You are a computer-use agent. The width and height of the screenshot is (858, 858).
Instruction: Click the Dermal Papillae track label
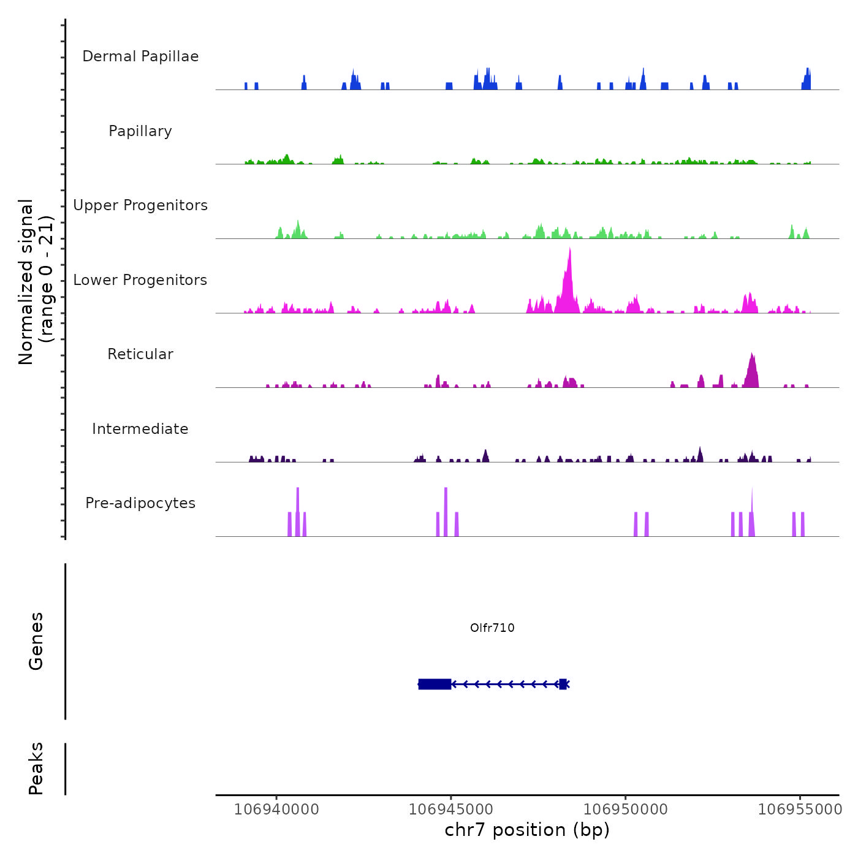[140, 56]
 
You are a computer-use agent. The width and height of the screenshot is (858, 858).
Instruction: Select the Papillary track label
[140, 131]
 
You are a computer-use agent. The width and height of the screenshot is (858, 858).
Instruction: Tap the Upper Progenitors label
[140, 205]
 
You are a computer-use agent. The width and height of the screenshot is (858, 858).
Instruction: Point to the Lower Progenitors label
[140, 280]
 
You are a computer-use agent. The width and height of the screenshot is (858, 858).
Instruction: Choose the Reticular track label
[140, 354]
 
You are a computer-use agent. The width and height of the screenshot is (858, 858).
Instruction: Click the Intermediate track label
[140, 429]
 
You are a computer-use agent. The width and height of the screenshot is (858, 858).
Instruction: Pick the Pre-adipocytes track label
[140, 503]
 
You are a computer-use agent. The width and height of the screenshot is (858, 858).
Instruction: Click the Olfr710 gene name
[492, 628]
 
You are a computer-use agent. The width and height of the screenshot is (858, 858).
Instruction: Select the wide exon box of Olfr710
[435, 684]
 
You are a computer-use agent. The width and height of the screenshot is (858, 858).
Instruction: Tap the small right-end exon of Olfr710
[563, 684]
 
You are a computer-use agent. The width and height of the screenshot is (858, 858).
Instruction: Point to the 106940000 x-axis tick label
[276, 809]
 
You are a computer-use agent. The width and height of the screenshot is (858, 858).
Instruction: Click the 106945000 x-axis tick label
[451, 809]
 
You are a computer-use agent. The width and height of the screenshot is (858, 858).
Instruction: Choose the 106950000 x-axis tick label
[626, 809]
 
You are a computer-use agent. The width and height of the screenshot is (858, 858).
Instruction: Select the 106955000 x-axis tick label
[800, 809]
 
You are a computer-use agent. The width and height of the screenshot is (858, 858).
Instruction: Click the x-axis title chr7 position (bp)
[527, 830]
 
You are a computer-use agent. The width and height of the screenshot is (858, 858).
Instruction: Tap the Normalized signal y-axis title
[36, 282]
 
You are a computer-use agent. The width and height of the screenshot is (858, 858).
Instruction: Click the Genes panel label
[36, 641]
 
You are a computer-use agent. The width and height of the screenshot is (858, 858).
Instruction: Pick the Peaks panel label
[36, 769]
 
